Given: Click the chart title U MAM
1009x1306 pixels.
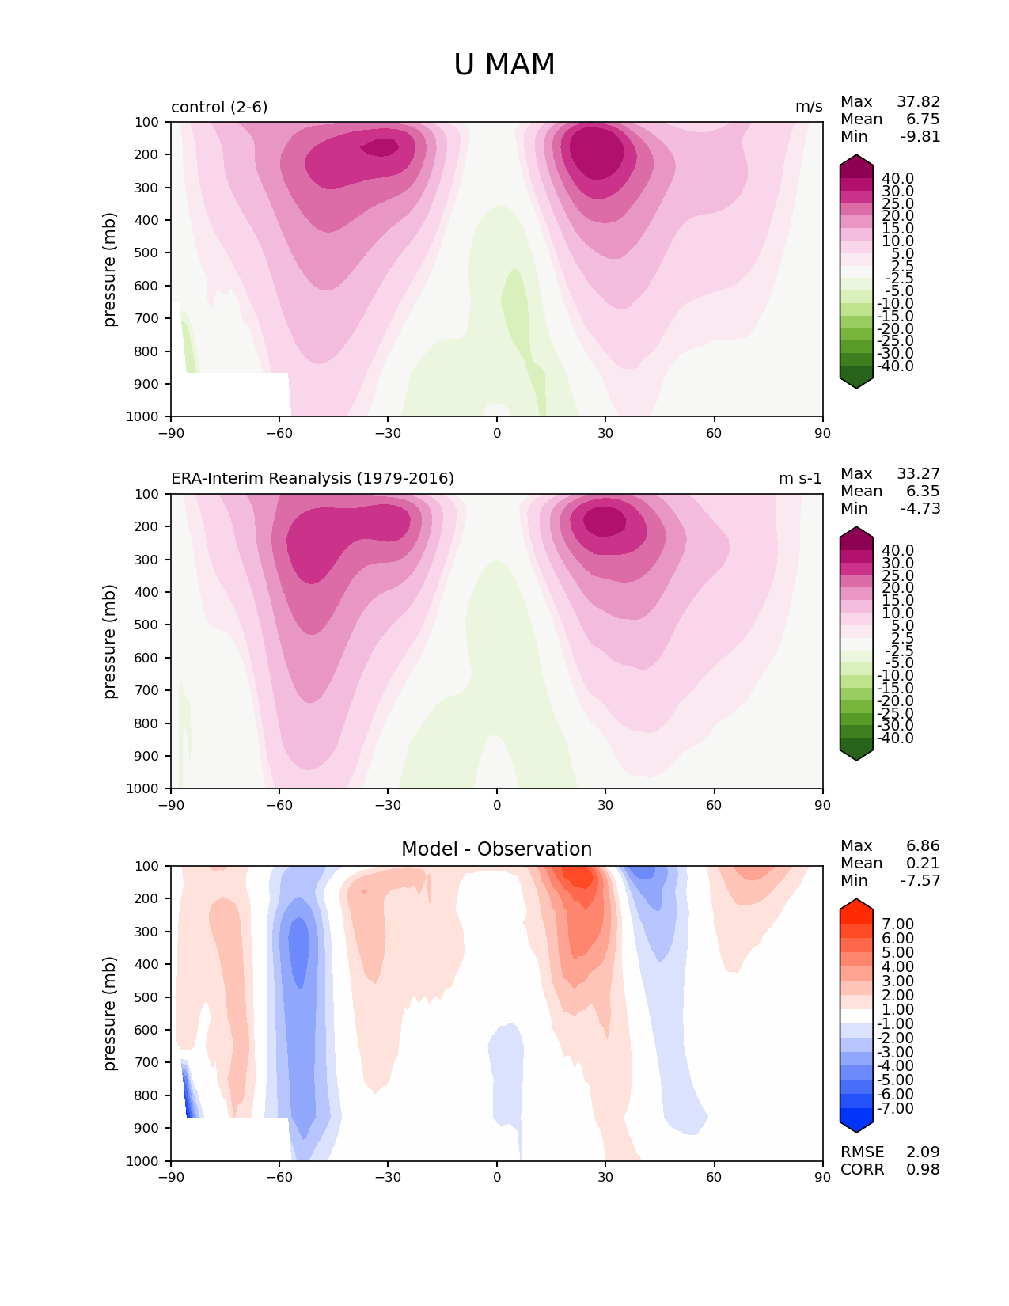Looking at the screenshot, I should pyautogui.click(x=504, y=65).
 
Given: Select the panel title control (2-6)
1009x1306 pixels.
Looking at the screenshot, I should pyautogui.click(x=219, y=107).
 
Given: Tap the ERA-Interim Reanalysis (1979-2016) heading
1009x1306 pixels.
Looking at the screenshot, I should pyautogui.click(x=313, y=479).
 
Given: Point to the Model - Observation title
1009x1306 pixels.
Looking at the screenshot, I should pyautogui.click(x=496, y=849).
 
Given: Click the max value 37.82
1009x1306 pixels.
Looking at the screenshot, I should pyautogui.click(x=918, y=102).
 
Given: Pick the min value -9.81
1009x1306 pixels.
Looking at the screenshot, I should pyautogui.click(x=920, y=137).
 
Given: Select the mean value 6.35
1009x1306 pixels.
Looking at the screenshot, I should pyautogui.click(x=923, y=492).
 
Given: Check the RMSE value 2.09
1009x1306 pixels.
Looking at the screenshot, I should pyautogui.click(x=923, y=1152).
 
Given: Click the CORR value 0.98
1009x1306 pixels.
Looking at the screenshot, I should pyautogui.click(x=923, y=1170).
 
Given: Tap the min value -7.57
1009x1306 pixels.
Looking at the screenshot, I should pyautogui.click(x=920, y=881).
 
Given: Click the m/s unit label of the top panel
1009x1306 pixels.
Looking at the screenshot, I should pyautogui.click(x=809, y=107).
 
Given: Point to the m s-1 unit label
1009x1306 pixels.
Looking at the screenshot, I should pyautogui.click(x=800, y=479).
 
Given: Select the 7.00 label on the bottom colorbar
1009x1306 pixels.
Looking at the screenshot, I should pyautogui.click(x=897, y=924).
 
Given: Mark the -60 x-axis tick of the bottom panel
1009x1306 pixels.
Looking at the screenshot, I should pyautogui.click(x=279, y=1178).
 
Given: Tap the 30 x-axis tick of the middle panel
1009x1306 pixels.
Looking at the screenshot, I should pyautogui.click(x=605, y=806).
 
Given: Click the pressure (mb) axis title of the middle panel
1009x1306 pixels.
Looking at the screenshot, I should pyautogui.click(x=110, y=641).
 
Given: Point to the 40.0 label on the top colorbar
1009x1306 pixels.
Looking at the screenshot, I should pyautogui.click(x=897, y=179).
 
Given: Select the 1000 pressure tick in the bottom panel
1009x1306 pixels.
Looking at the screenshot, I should pyautogui.click(x=143, y=1161).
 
